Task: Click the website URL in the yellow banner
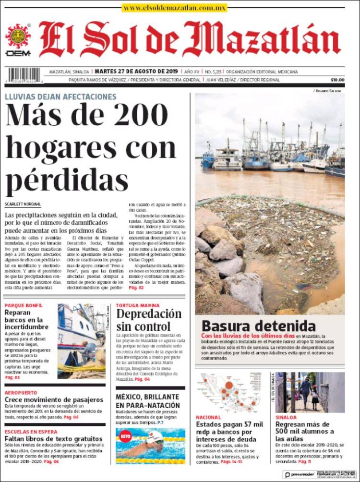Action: [x=174, y=8]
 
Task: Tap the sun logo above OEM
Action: [x=18, y=36]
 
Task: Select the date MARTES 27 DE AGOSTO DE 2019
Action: [x=136, y=72]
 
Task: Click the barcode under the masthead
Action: [x=24, y=75]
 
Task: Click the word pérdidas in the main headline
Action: [x=67, y=181]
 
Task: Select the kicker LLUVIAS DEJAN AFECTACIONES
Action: [x=60, y=96]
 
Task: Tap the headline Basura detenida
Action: [x=259, y=325]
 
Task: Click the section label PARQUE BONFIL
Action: [x=24, y=305]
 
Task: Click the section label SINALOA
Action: [x=286, y=417]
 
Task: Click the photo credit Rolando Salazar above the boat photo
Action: [x=328, y=90]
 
